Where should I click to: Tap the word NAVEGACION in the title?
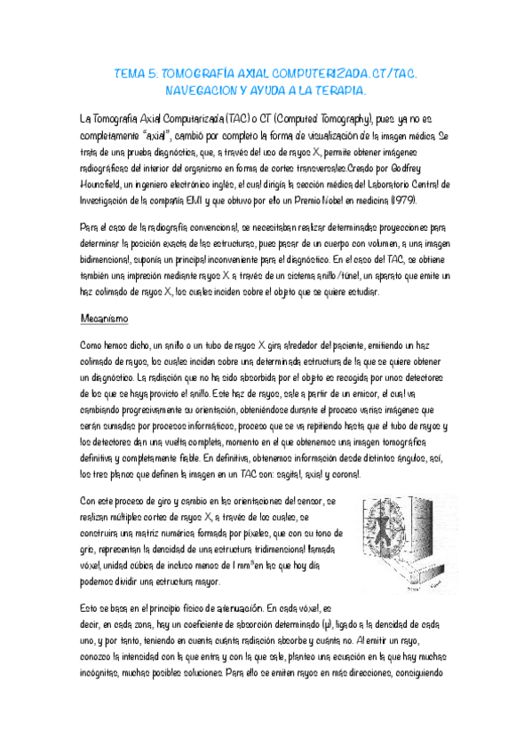202,91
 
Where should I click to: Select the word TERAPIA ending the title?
342,91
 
